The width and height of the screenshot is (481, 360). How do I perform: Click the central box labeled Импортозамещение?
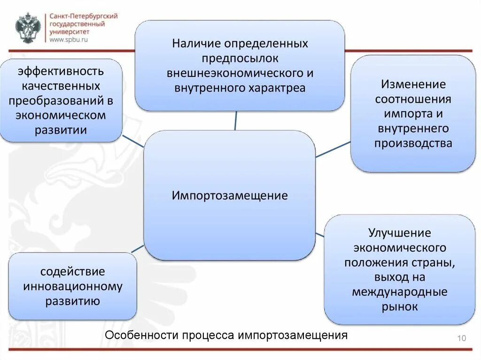tap(229, 195)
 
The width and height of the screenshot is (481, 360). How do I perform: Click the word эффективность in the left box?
tap(61, 72)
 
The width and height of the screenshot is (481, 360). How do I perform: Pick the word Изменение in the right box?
tap(413, 84)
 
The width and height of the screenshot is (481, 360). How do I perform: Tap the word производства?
tap(413, 143)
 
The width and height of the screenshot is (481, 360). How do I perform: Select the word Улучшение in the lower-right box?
tap(399, 233)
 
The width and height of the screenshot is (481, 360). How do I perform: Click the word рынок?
tap(399, 307)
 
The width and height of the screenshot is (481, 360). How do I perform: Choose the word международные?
tap(399, 292)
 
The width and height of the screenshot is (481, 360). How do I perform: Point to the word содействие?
tap(72, 272)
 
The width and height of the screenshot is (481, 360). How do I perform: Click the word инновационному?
tap(72, 286)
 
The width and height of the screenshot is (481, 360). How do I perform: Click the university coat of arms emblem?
tap(28, 29)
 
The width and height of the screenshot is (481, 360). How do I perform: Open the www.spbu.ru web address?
tap(69, 40)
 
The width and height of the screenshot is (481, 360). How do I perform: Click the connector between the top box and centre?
tap(235, 121)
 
